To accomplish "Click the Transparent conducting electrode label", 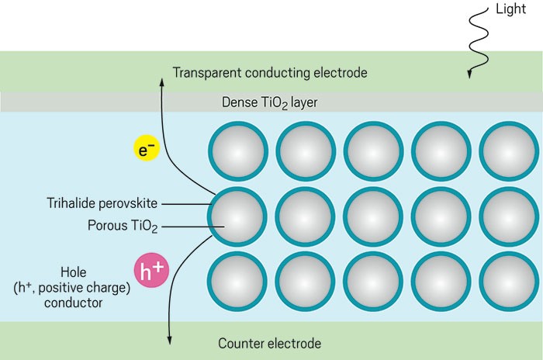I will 270,73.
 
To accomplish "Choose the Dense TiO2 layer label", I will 270,102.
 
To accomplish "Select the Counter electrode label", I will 270,342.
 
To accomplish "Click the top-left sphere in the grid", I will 238,151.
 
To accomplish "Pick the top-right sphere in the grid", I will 508,151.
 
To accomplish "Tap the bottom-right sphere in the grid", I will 508,281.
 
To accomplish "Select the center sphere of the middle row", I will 373,216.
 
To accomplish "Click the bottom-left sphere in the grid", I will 238,281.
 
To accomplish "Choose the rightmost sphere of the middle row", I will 508,216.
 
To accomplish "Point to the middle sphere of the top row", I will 373,151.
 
